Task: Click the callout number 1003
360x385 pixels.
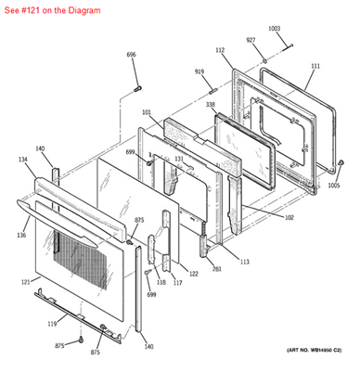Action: point(274,29)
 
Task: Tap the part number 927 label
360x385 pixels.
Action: point(251,41)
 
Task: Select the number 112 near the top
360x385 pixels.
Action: point(220,50)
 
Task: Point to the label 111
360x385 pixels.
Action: point(315,66)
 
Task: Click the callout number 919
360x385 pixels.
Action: point(199,71)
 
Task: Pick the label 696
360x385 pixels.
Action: point(131,55)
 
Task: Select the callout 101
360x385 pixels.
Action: point(147,113)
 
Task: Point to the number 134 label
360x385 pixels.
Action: point(21,160)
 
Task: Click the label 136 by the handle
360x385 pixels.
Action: point(20,234)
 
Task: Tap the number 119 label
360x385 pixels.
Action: point(52,323)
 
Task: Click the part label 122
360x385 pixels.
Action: point(193,274)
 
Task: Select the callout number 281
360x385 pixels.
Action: point(216,269)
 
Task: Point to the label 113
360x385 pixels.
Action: point(244,262)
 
